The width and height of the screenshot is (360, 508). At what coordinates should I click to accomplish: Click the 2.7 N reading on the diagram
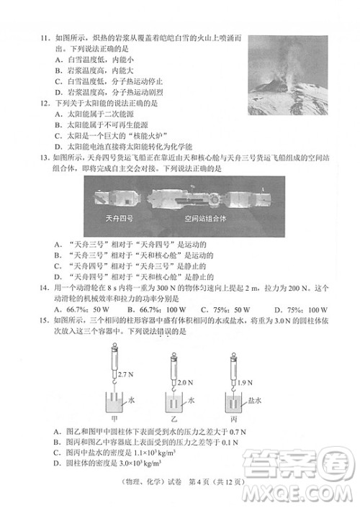coord(125,376)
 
